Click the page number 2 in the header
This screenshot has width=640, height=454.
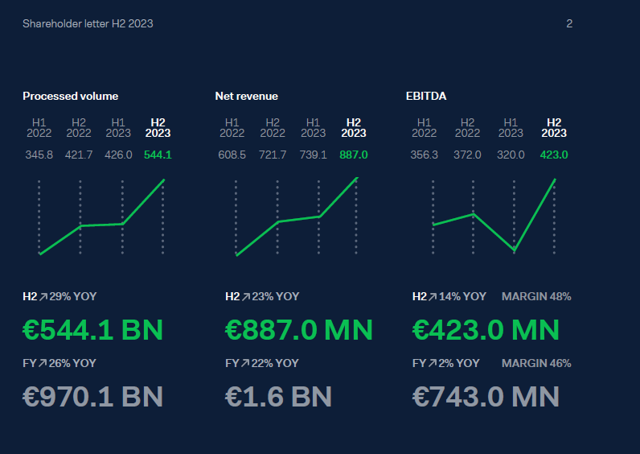click(569, 24)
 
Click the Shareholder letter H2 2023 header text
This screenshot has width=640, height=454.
click(88, 24)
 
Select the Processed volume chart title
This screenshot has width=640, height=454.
click(70, 96)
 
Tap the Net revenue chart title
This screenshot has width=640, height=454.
click(246, 96)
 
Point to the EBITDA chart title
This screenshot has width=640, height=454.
click(426, 96)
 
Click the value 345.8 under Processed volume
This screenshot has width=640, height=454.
click(39, 155)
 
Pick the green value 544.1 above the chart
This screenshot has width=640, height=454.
click(158, 155)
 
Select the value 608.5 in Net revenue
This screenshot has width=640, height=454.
click(232, 155)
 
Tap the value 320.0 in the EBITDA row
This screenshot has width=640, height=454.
click(511, 155)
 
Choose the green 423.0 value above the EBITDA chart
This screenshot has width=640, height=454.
click(554, 155)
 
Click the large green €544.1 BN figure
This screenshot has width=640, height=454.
click(92, 329)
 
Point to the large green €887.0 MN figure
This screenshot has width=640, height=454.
click(299, 329)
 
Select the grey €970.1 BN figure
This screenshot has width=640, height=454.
click(92, 396)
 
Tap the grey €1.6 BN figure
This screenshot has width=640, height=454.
click(278, 396)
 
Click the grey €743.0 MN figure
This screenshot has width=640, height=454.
click(486, 396)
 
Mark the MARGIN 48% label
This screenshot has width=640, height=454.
click(536, 296)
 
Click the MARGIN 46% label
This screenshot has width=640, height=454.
click(536, 363)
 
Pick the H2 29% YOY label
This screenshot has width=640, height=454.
click(59, 296)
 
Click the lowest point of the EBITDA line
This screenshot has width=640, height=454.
click(514, 251)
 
